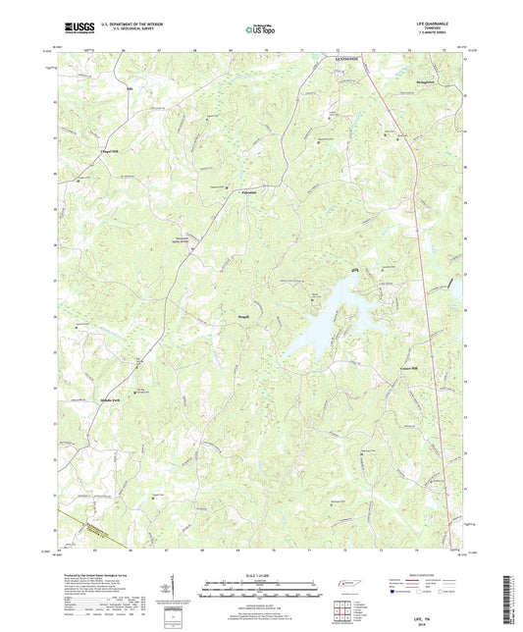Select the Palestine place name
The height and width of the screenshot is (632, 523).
click(249, 192)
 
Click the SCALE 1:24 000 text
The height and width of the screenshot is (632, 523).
click(260, 575)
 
